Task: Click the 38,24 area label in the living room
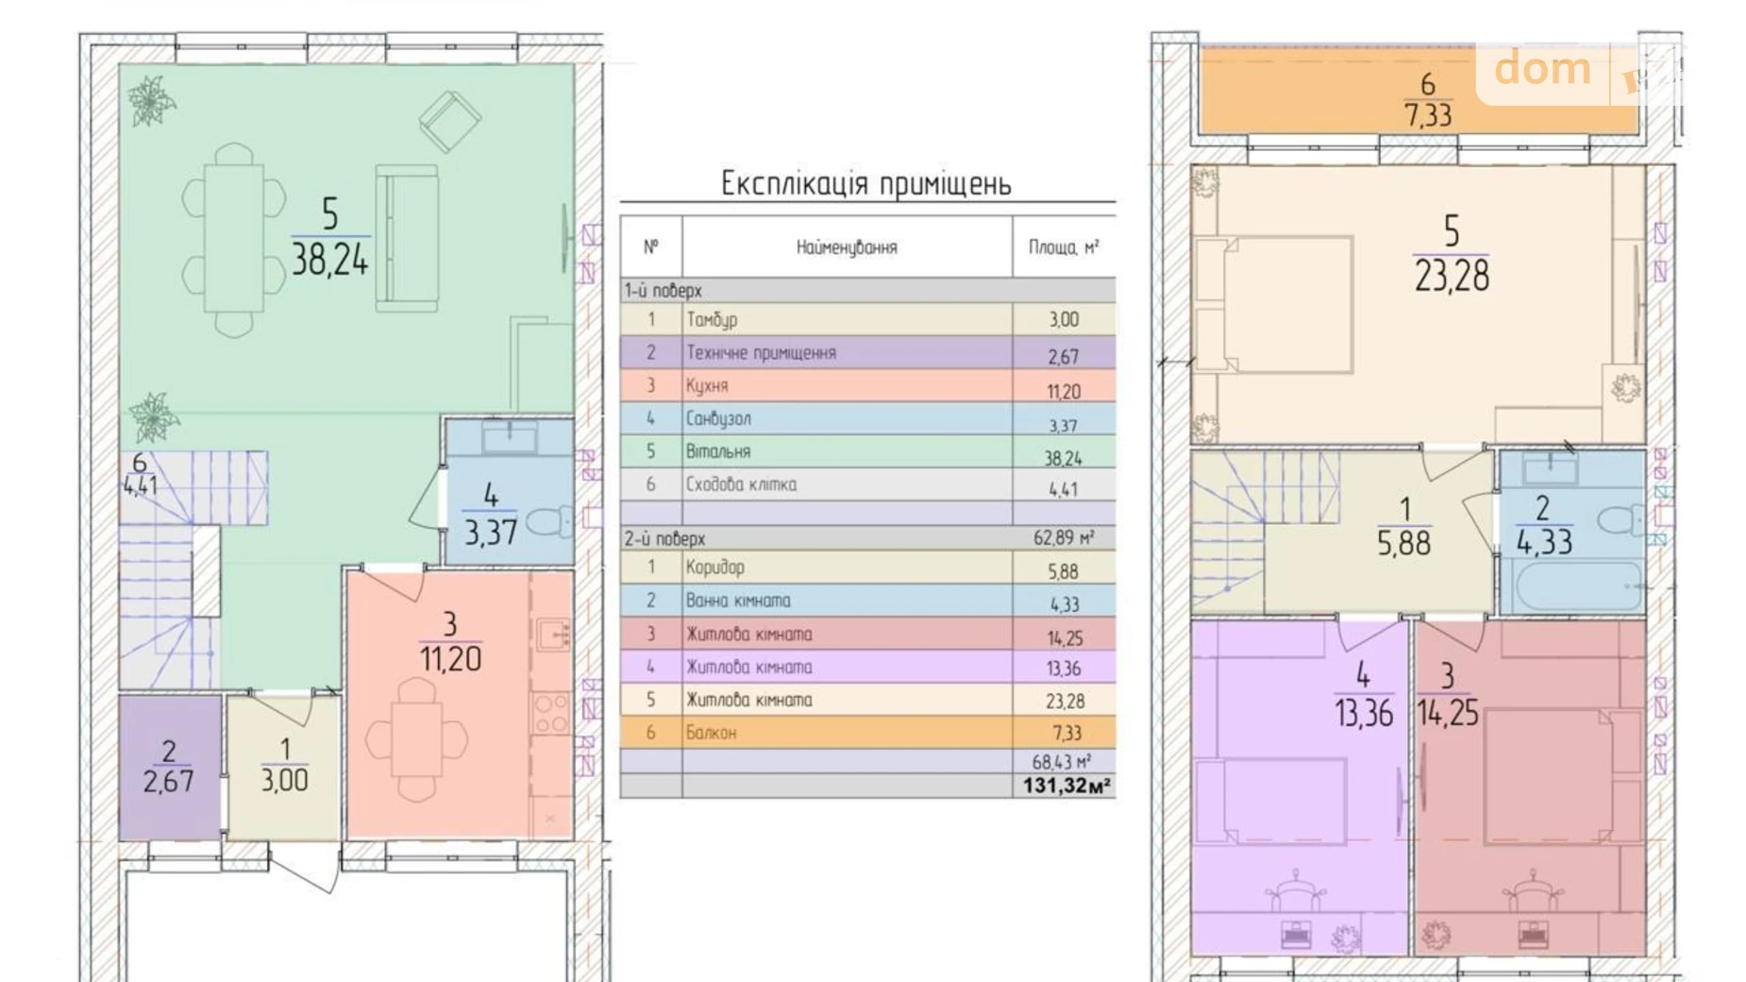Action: pyautogui.click(x=329, y=259)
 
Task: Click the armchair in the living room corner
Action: pyautogui.click(x=449, y=120)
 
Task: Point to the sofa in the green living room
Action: pyautogui.click(x=407, y=238)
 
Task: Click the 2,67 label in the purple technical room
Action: pyautogui.click(x=168, y=781)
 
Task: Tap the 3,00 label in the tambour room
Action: pyautogui.click(x=284, y=780)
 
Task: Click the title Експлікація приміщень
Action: pyautogui.click(x=865, y=183)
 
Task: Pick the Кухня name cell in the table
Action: pyautogui.click(x=708, y=385)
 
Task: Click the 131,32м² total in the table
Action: pyautogui.click(x=1066, y=786)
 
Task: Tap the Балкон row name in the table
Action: pyautogui.click(x=712, y=732)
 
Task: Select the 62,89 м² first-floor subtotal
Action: pyautogui.click(x=1064, y=538)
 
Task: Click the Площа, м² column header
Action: pyautogui.click(x=1063, y=247)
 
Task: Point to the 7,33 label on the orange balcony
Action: pyautogui.click(x=1428, y=115)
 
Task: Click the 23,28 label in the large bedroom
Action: pyautogui.click(x=1452, y=276)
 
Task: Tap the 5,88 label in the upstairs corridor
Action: pyautogui.click(x=1403, y=543)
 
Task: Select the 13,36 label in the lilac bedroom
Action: pyautogui.click(x=1363, y=713)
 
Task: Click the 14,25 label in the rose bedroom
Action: pyautogui.click(x=1448, y=713)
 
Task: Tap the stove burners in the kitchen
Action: pyautogui.click(x=550, y=714)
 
